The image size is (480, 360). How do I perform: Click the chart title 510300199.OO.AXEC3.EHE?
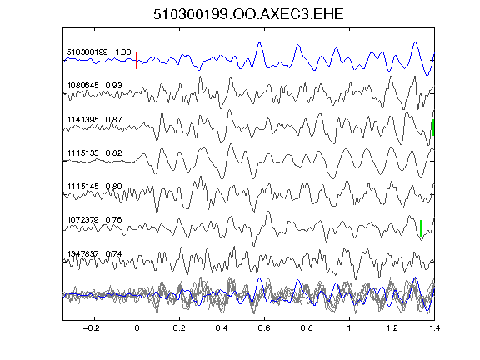pyautogui.click(x=248, y=14)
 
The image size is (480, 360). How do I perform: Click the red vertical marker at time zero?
pyautogui.click(x=137, y=60)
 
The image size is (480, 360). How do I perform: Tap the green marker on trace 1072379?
pyautogui.click(x=421, y=228)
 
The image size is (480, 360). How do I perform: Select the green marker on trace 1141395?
pyautogui.click(x=433, y=127)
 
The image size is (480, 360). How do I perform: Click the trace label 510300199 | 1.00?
pyautogui.click(x=99, y=52)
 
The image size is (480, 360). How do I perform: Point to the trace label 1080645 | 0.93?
pyautogui.click(x=94, y=85)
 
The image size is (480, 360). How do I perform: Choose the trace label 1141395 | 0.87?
pyautogui.click(x=94, y=119)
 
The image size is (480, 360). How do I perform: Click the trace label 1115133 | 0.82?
pyautogui.click(x=94, y=152)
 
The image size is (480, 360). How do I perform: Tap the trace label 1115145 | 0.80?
pyautogui.click(x=94, y=186)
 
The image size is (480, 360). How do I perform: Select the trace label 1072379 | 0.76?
pyautogui.click(x=94, y=219)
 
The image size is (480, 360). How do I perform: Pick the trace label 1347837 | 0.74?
pyautogui.click(x=94, y=253)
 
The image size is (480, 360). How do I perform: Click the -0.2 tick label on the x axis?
pyautogui.click(x=91, y=328)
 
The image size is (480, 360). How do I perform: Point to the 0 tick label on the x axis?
pyautogui.click(x=137, y=328)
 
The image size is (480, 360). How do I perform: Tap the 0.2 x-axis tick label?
pyautogui.click(x=179, y=328)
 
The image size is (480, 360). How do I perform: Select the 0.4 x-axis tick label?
pyautogui.click(x=222, y=328)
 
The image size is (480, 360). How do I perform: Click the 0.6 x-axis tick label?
pyautogui.click(x=264, y=328)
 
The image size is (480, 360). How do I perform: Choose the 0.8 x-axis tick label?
pyautogui.click(x=307, y=328)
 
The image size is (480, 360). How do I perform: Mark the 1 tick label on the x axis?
pyautogui.click(x=349, y=328)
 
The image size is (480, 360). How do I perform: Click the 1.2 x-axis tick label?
pyautogui.click(x=392, y=328)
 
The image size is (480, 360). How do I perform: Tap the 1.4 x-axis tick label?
pyautogui.click(x=434, y=328)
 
